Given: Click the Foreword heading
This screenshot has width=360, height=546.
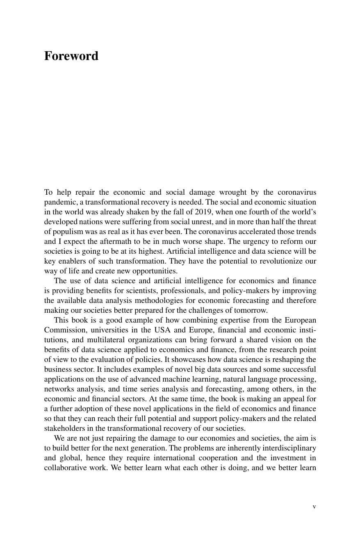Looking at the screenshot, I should click(x=71, y=56).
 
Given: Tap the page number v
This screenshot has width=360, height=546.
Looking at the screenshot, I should click(x=314, y=507).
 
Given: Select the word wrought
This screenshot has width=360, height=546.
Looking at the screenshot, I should click(x=233, y=192).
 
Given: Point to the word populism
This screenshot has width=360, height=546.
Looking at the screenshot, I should click(x=66, y=232).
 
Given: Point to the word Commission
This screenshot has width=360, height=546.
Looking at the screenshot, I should click(x=62, y=330).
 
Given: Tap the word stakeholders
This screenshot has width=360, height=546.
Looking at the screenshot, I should click(x=64, y=428).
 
